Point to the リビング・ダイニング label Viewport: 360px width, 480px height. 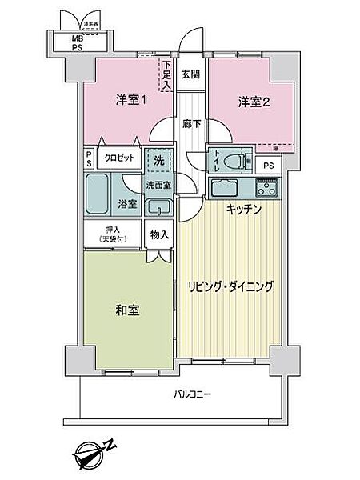pyautogui.click(x=231, y=286)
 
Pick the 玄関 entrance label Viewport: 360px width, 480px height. pyautogui.click(x=190, y=76)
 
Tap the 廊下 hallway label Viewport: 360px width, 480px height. pyautogui.click(x=190, y=124)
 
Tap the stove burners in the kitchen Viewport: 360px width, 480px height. pyautogui.click(x=266, y=189)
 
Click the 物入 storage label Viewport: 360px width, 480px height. pyautogui.click(x=158, y=234)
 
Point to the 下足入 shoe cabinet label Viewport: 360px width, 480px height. pyautogui.click(x=167, y=75)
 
